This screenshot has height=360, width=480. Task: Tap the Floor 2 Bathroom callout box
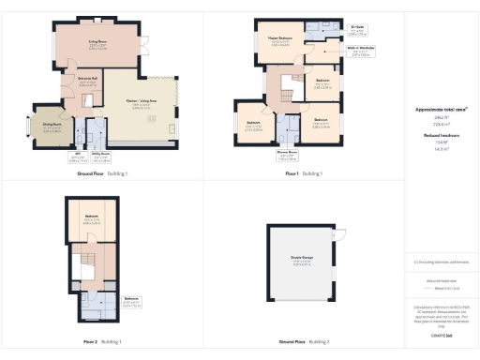pos(105,302)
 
